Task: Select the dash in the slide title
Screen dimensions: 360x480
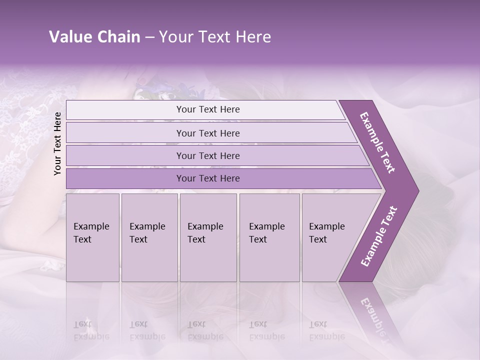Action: [149, 37]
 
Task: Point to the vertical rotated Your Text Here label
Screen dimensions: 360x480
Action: [57, 143]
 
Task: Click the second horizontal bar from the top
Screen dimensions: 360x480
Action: [208, 133]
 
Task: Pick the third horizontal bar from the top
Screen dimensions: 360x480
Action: [208, 155]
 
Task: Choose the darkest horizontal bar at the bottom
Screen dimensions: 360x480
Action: [208, 178]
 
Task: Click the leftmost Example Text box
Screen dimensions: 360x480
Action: [92, 237]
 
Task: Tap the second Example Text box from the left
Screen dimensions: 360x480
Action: [149, 237]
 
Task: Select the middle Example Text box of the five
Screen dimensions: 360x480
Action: [208, 237]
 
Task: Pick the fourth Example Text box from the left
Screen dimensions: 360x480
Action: [269, 237]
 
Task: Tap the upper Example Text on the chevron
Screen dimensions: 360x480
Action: [378, 142]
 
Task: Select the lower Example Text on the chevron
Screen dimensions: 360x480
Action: [379, 236]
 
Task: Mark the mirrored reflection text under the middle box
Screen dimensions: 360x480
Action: [205, 330]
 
